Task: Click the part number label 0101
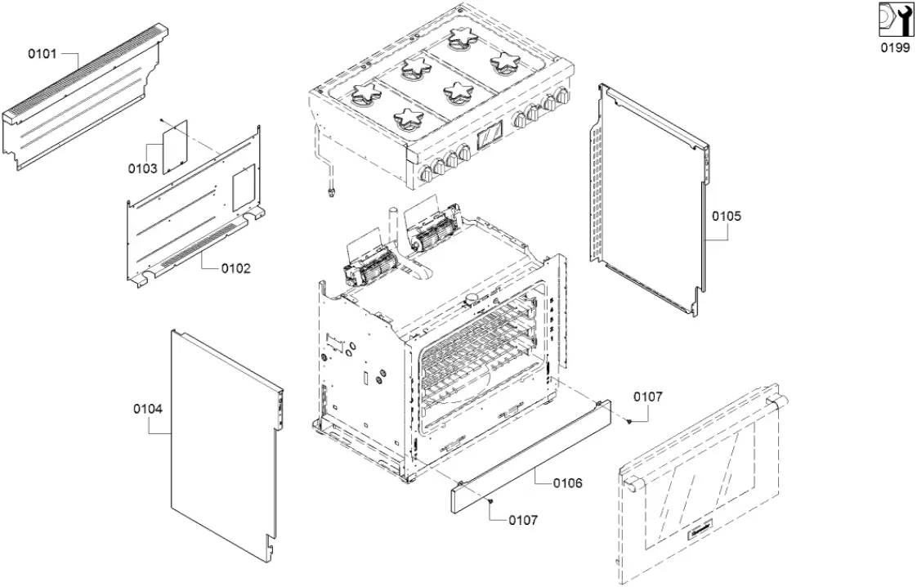coord(42,54)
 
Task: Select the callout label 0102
coord(235,268)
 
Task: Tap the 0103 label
coord(142,169)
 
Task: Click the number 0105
coord(726,217)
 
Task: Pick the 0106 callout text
coord(567,483)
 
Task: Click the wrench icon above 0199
coord(894,20)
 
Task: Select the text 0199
coord(894,48)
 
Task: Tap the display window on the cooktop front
coord(491,136)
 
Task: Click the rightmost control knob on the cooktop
coord(562,98)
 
